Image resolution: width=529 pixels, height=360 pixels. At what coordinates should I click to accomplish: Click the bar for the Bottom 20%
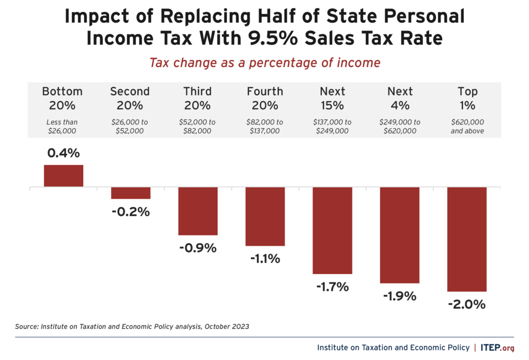(64, 176)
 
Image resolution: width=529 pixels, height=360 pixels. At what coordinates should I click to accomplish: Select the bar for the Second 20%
(131, 193)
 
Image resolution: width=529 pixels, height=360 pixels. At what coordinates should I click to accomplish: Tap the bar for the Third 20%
(198, 211)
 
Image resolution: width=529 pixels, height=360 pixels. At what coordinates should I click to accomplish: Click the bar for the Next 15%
(332, 230)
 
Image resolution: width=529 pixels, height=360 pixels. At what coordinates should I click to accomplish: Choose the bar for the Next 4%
(399, 235)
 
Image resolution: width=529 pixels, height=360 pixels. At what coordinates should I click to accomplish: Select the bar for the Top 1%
(466, 240)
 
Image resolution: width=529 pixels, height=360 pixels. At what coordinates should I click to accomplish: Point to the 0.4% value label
(63, 153)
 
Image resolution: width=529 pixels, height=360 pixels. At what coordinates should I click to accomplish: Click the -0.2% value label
(130, 211)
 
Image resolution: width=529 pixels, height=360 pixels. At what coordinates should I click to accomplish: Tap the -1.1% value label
(265, 259)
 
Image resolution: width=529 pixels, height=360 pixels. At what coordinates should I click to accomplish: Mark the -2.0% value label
(466, 304)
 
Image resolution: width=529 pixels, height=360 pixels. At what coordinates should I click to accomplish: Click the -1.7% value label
(332, 287)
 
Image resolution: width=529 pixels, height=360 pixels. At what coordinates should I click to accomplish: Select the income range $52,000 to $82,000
(197, 127)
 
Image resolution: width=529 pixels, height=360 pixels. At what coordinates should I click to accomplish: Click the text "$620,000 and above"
(467, 127)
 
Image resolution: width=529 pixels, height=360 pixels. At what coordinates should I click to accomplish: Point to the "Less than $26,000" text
(63, 127)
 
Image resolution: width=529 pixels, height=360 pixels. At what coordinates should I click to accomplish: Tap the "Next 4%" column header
(400, 98)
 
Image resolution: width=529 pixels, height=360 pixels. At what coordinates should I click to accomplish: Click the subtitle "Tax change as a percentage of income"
(264, 62)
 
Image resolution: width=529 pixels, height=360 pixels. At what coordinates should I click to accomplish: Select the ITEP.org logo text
(497, 348)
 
